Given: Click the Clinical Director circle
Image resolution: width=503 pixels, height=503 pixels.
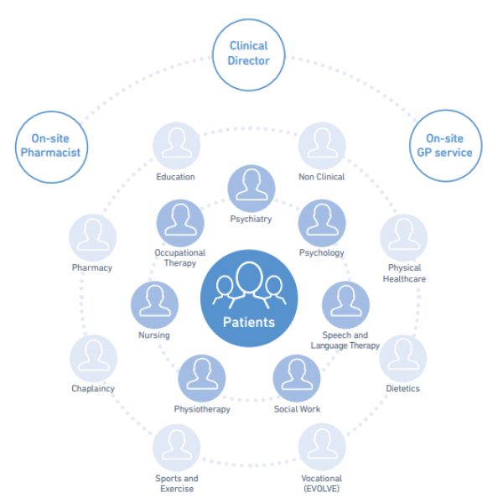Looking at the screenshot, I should click(249, 54).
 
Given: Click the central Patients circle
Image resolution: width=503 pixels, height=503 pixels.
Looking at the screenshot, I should click(248, 298).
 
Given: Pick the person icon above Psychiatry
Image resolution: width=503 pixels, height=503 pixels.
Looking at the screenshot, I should click(250, 189).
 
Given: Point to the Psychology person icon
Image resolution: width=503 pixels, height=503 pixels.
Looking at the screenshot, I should click(322, 223).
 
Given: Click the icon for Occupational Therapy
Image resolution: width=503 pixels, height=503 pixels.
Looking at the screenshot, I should click(180, 223).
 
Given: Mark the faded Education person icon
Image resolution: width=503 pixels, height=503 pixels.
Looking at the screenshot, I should click(176, 146).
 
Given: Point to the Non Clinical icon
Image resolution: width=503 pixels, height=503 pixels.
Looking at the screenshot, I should click(321, 146).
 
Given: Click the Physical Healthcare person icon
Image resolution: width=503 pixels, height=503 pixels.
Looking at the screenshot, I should click(404, 239).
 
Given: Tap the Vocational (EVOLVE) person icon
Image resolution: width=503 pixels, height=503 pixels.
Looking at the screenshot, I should click(322, 448).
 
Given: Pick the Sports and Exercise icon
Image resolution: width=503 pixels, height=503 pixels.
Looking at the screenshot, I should click(176, 448).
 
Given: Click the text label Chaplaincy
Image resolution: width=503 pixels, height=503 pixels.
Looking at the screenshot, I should click(93, 389).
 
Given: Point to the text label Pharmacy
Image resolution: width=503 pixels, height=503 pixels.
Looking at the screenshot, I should click(92, 268).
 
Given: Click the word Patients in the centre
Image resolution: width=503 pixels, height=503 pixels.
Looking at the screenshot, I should click(248, 322).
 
